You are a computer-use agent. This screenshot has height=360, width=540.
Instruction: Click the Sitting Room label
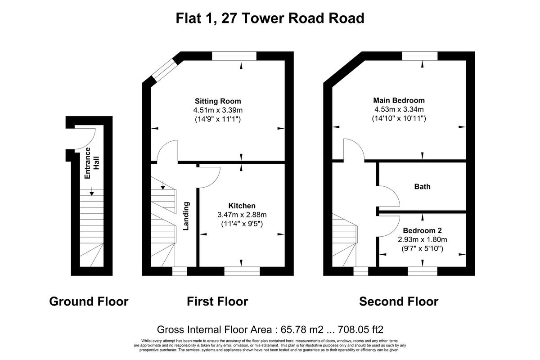point(218,101)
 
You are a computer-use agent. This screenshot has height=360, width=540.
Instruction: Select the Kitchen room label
point(242,206)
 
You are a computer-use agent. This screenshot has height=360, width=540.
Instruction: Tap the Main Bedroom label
point(399,100)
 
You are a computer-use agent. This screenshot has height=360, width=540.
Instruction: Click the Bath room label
point(422,186)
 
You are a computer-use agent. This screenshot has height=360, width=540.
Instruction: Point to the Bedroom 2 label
point(422,230)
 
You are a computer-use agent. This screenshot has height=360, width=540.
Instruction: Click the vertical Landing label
point(186,216)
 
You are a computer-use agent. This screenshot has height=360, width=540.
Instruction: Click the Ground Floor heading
point(89,301)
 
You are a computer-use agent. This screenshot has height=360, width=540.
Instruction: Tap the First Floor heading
point(217,301)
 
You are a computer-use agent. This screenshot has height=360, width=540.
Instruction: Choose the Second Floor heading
point(399,301)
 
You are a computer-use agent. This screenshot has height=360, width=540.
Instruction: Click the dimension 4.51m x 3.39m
point(218,110)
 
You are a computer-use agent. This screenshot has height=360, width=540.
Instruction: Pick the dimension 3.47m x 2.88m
point(242,215)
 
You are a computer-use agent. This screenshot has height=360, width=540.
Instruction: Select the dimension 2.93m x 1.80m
point(422,239)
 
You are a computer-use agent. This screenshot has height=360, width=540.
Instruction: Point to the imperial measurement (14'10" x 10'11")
point(399,118)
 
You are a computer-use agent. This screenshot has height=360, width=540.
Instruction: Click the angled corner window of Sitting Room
point(162,72)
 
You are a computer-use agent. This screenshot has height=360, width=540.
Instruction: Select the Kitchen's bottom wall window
point(242,270)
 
